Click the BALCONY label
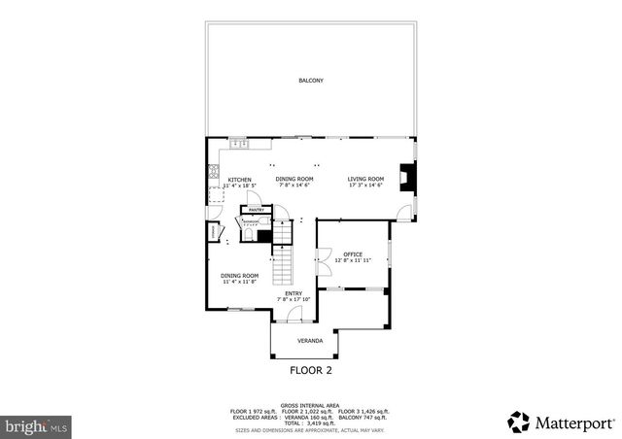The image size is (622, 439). [x=310, y=80]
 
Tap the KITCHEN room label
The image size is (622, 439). [x=240, y=180]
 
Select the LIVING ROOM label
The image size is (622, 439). [x=366, y=179]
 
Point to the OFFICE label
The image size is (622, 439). [x=352, y=254]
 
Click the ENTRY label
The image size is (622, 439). [x=293, y=293]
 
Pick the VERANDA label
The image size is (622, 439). [x=309, y=341]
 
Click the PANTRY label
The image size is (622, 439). [x=257, y=210]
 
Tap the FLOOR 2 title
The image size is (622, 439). [x=311, y=370]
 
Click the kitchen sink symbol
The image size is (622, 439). [x=237, y=145]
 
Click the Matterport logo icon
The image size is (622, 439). [x=520, y=422]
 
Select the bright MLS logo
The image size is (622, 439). [x=37, y=425]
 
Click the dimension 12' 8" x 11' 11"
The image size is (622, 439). [x=352, y=261]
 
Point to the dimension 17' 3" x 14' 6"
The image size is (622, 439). [x=366, y=186]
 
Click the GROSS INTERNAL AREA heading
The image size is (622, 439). [x=310, y=405]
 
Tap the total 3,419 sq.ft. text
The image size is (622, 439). [x=311, y=422]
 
